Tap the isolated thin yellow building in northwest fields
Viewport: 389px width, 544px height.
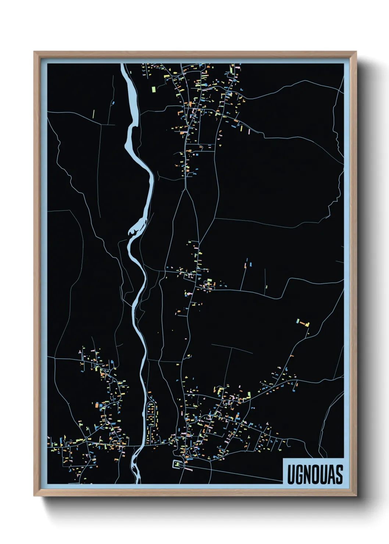93,114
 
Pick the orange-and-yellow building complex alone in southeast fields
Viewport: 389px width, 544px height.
303,323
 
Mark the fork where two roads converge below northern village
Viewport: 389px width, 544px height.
187,189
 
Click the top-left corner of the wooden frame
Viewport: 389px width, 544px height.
35,52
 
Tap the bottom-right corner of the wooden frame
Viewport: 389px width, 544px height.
356,495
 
